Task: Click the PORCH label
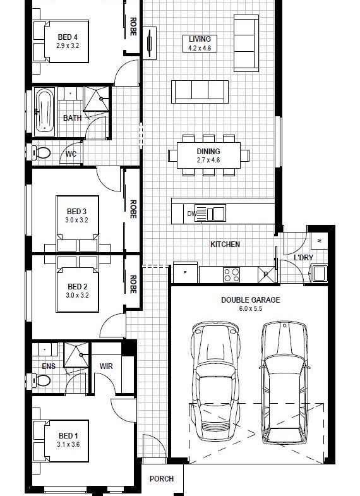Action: [162, 478]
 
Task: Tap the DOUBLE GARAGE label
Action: [250, 299]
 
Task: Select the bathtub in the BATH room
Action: [45, 112]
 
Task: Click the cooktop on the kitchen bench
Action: [231, 275]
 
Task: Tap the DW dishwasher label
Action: [191, 214]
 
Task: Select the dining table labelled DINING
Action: [208, 155]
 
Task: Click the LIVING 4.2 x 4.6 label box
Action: [200, 44]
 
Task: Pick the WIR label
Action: [106, 366]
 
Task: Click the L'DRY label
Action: [303, 258]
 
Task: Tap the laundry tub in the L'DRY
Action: [320, 274]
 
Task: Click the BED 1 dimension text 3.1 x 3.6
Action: [68, 444]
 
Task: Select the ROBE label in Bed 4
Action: [133, 27]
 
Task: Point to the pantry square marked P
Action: [266, 275]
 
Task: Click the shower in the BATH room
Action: [97, 99]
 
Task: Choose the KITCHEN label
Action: [225, 244]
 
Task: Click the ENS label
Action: [49, 366]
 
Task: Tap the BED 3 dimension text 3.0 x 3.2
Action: [77, 220]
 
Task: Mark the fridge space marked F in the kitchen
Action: [185, 273]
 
